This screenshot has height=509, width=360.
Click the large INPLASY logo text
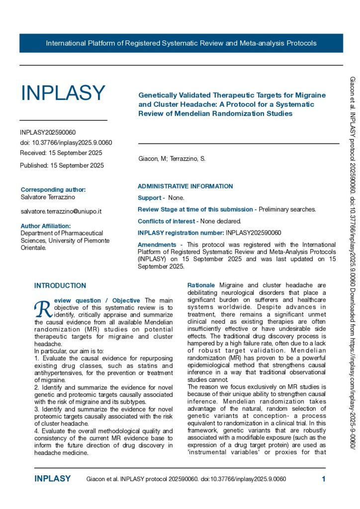point(63,93)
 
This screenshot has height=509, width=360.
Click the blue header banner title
point(181,43)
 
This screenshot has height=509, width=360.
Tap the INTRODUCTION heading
point(60,286)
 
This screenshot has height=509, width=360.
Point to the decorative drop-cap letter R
point(41,309)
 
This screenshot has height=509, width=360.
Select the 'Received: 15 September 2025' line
point(61,153)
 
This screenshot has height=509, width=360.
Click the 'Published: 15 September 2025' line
point(62,166)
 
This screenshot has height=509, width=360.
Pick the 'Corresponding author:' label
point(53,190)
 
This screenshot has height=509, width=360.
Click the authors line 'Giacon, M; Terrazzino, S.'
point(172,159)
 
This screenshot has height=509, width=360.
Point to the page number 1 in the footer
point(324,479)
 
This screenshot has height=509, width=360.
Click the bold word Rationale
point(201,285)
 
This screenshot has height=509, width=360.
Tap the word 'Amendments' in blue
point(157,245)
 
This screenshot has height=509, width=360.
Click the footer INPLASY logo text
point(53,479)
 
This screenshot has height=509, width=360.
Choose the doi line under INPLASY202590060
point(66,143)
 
